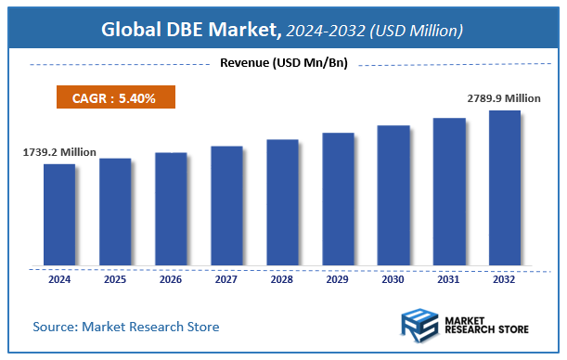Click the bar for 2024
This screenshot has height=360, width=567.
(x=59, y=214)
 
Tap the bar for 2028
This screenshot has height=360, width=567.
(x=282, y=202)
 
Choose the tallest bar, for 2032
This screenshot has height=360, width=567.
(x=505, y=187)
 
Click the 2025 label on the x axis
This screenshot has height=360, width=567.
(x=115, y=278)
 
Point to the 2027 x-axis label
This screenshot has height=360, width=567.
(x=226, y=278)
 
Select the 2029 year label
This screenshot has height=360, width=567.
(x=338, y=278)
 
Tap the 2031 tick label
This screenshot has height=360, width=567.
(x=449, y=278)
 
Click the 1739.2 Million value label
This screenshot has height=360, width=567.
(x=59, y=151)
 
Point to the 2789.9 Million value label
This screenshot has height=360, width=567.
(x=502, y=97)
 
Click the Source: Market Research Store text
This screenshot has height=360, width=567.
(x=126, y=327)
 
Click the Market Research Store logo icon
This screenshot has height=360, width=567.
(x=419, y=327)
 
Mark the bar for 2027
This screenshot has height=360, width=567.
(x=226, y=205)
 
